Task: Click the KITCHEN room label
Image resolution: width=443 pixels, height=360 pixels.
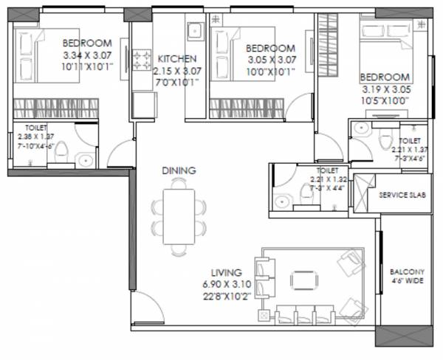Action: click(x=176, y=58)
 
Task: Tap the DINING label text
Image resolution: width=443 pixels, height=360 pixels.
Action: click(x=179, y=170)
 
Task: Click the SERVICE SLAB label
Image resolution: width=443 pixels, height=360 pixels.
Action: click(x=400, y=195)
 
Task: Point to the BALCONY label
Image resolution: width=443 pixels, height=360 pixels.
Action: click(x=407, y=271)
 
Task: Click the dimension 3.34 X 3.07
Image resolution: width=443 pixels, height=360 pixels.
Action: click(x=86, y=53)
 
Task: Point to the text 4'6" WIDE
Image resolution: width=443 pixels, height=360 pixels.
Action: click(x=407, y=281)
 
